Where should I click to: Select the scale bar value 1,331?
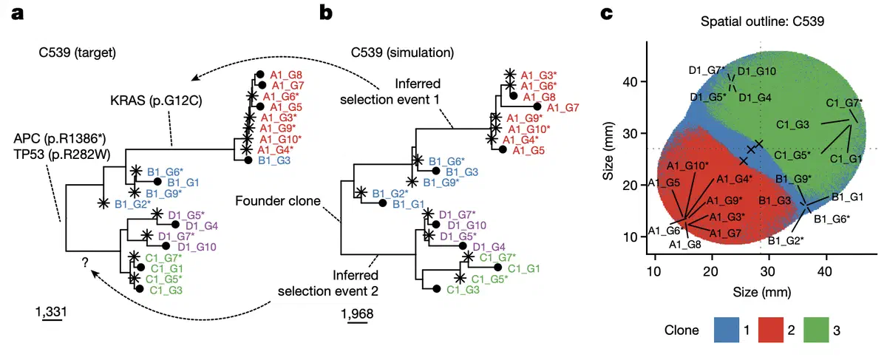point(51,310)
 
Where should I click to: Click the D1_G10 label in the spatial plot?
point(756,71)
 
